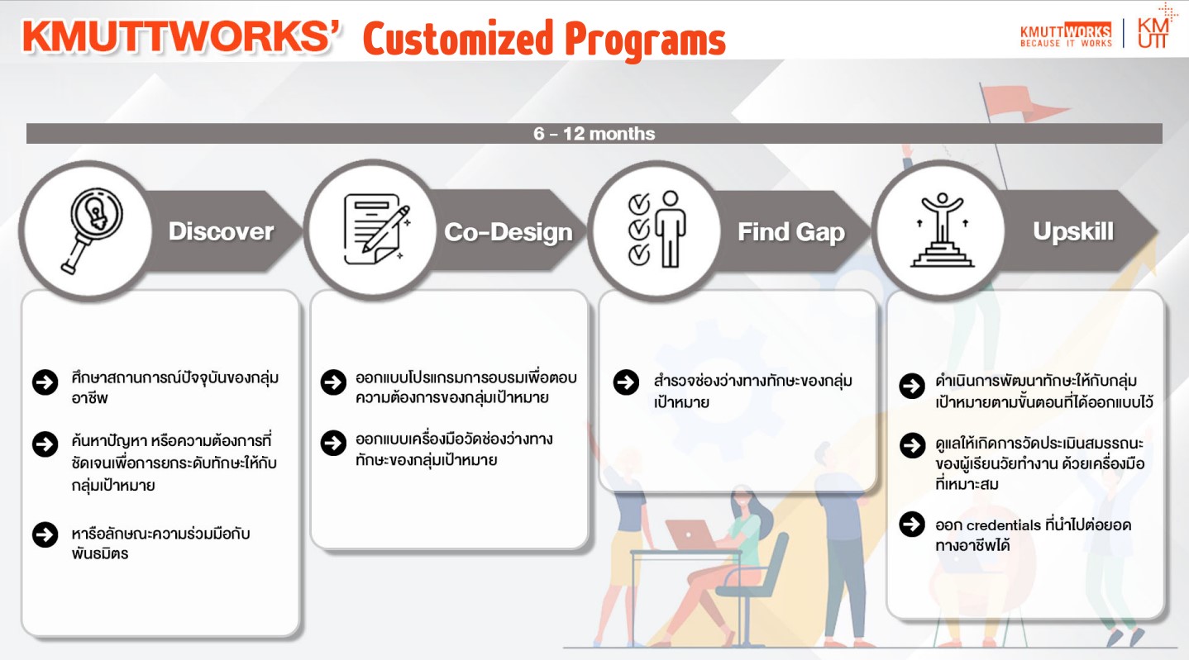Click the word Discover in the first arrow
coord(221,231)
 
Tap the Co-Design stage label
coord(508,232)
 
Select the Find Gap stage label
coord(791,232)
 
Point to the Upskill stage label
coord(1073,231)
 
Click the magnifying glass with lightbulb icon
coord(90,231)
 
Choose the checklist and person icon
coord(657,229)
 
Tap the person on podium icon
coord(942,230)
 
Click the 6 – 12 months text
coord(594,134)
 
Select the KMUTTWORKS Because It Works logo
coord(1066,36)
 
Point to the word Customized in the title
coord(457,39)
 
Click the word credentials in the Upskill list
coord(1003,525)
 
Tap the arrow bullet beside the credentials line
coord(912,525)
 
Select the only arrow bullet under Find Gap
coord(627,382)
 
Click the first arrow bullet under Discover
coord(45,382)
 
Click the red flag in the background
coord(1022,103)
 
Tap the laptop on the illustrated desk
coord(690,534)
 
